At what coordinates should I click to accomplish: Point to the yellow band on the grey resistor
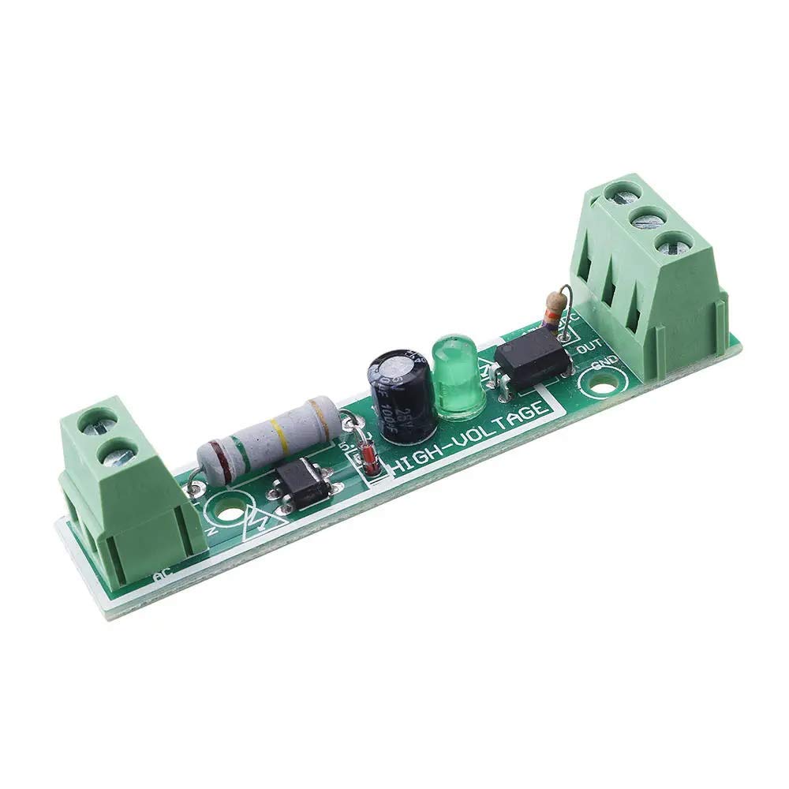tap(276, 432)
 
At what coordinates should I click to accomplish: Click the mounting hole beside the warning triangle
tap(229, 514)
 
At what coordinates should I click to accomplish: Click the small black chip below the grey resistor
tap(304, 484)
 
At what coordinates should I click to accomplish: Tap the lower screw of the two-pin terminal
tap(118, 453)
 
